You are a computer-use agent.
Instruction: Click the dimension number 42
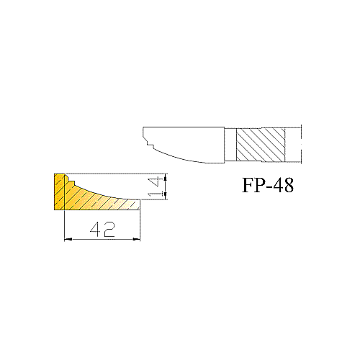click(x=103, y=229)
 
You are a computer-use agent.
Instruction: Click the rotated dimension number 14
click(x=154, y=186)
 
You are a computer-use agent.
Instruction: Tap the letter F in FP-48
click(x=249, y=185)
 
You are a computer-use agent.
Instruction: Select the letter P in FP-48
click(x=261, y=185)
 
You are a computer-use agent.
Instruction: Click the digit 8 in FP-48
click(x=288, y=185)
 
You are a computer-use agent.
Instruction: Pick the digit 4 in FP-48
click(x=278, y=185)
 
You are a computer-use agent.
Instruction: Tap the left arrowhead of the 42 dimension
click(x=68, y=239)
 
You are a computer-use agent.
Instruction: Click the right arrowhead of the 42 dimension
click(x=137, y=239)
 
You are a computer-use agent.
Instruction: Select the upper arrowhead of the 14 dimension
click(x=165, y=177)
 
